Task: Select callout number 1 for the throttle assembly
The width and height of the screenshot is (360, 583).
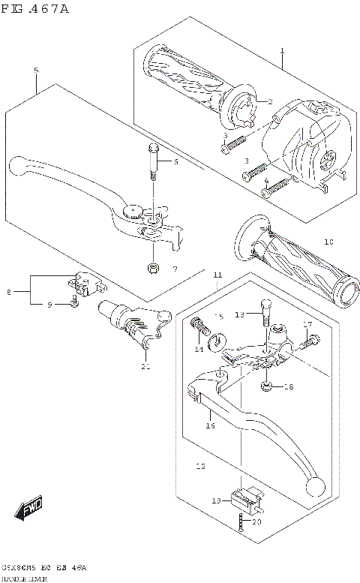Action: coord(283,52)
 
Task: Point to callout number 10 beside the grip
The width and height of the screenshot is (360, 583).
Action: coord(328,242)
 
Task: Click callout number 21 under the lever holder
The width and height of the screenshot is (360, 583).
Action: coord(145,366)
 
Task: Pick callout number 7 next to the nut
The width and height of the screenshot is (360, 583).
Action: coord(174,269)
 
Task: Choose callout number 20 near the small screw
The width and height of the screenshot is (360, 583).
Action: coord(256,521)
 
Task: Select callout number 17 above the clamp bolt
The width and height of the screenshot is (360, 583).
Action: coord(307,324)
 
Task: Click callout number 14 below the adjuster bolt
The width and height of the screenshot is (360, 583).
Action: coord(199,350)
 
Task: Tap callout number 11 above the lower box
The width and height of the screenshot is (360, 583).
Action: coord(217,276)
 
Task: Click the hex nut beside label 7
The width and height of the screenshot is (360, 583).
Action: coord(152,269)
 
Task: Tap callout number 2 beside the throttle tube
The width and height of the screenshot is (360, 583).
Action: coord(269,101)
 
